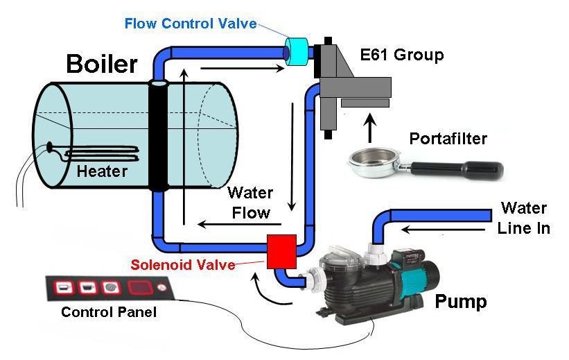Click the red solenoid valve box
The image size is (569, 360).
pyautogui.click(x=281, y=250)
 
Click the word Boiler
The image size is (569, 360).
pyautogui.click(x=102, y=65)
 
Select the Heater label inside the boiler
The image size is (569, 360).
pyautogui.click(x=102, y=171)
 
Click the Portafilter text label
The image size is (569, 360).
pyautogui.click(x=448, y=139)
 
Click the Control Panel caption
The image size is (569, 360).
pyautogui.click(x=108, y=312)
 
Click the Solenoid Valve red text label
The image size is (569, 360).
pyautogui.click(x=182, y=265)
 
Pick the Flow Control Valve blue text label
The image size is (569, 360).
pyautogui.click(x=191, y=24)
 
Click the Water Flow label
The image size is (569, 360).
pyautogui.click(x=250, y=202)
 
